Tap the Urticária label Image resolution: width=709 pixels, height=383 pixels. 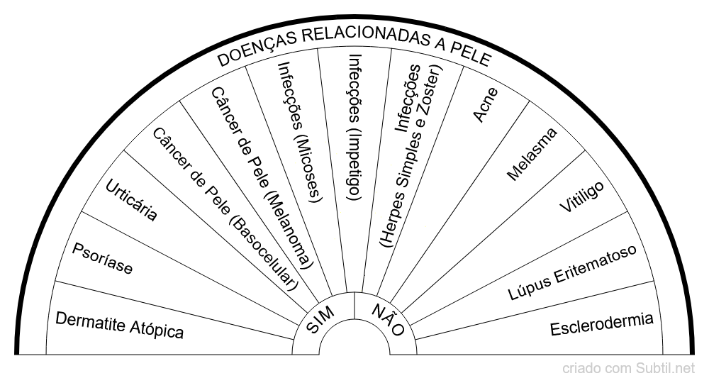click(x=131, y=201)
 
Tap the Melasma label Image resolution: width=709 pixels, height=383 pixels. click(x=532, y=154)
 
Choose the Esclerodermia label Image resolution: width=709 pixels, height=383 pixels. click(x=601, y=324)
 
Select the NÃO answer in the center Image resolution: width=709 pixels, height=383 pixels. click(x=388, y=320)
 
